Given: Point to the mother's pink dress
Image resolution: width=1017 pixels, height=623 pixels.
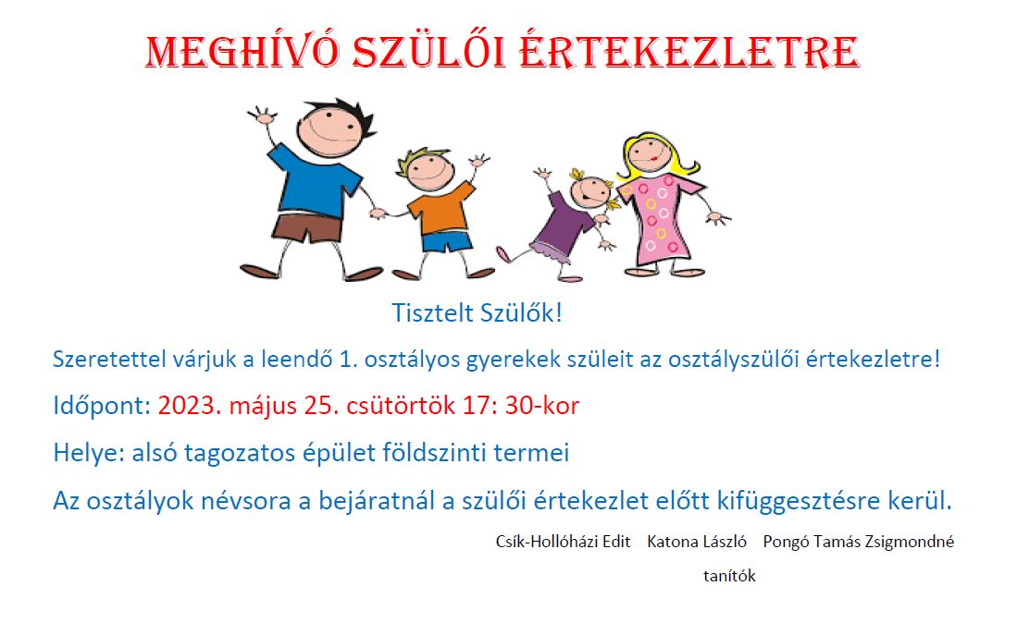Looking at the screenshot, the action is coord(658,219).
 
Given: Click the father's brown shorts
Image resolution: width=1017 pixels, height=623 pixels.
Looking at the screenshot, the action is coord(307,228).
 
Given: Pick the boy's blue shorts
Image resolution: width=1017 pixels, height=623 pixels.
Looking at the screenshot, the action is coord(447,242).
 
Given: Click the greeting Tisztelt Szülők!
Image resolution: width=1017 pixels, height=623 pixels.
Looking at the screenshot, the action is coord(477,312).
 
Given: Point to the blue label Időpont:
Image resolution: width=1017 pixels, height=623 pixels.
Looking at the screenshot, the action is coord(102,406).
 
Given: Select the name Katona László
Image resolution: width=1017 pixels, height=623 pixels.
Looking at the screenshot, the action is coord(697,542).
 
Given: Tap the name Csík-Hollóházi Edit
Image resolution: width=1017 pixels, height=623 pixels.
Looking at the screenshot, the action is coord(563,542).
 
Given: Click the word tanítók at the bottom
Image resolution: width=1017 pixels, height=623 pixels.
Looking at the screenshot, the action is coord(730,576).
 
